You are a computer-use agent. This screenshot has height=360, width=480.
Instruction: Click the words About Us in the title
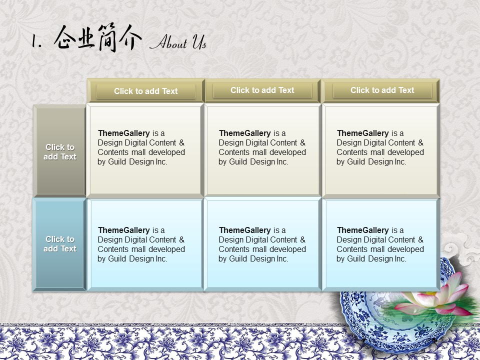(178, 42)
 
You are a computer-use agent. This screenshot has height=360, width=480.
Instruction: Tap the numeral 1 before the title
(36, 40)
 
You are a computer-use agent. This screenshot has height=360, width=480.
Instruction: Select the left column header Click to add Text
(145, 91)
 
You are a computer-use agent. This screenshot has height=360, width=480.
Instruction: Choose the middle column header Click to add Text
(262, 90)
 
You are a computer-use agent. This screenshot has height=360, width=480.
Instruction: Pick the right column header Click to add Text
(382, 90)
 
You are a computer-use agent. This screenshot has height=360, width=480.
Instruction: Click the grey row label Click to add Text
(59, 152)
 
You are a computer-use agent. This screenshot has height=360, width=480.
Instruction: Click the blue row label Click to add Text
(59, 244)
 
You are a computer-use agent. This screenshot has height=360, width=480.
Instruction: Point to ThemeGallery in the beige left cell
(123, 133)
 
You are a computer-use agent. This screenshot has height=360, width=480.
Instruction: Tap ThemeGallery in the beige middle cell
(245, 133)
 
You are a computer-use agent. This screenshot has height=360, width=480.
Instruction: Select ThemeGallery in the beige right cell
(363, 133)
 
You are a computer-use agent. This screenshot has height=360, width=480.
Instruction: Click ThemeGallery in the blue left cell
(123, 230)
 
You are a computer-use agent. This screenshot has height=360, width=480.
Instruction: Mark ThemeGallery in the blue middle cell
(245, 230)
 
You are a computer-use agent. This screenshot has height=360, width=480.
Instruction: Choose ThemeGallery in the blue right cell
(363, 230)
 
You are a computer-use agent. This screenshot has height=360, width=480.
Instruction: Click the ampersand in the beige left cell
(182, 142)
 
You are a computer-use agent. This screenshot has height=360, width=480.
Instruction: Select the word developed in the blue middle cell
(288, 249)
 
